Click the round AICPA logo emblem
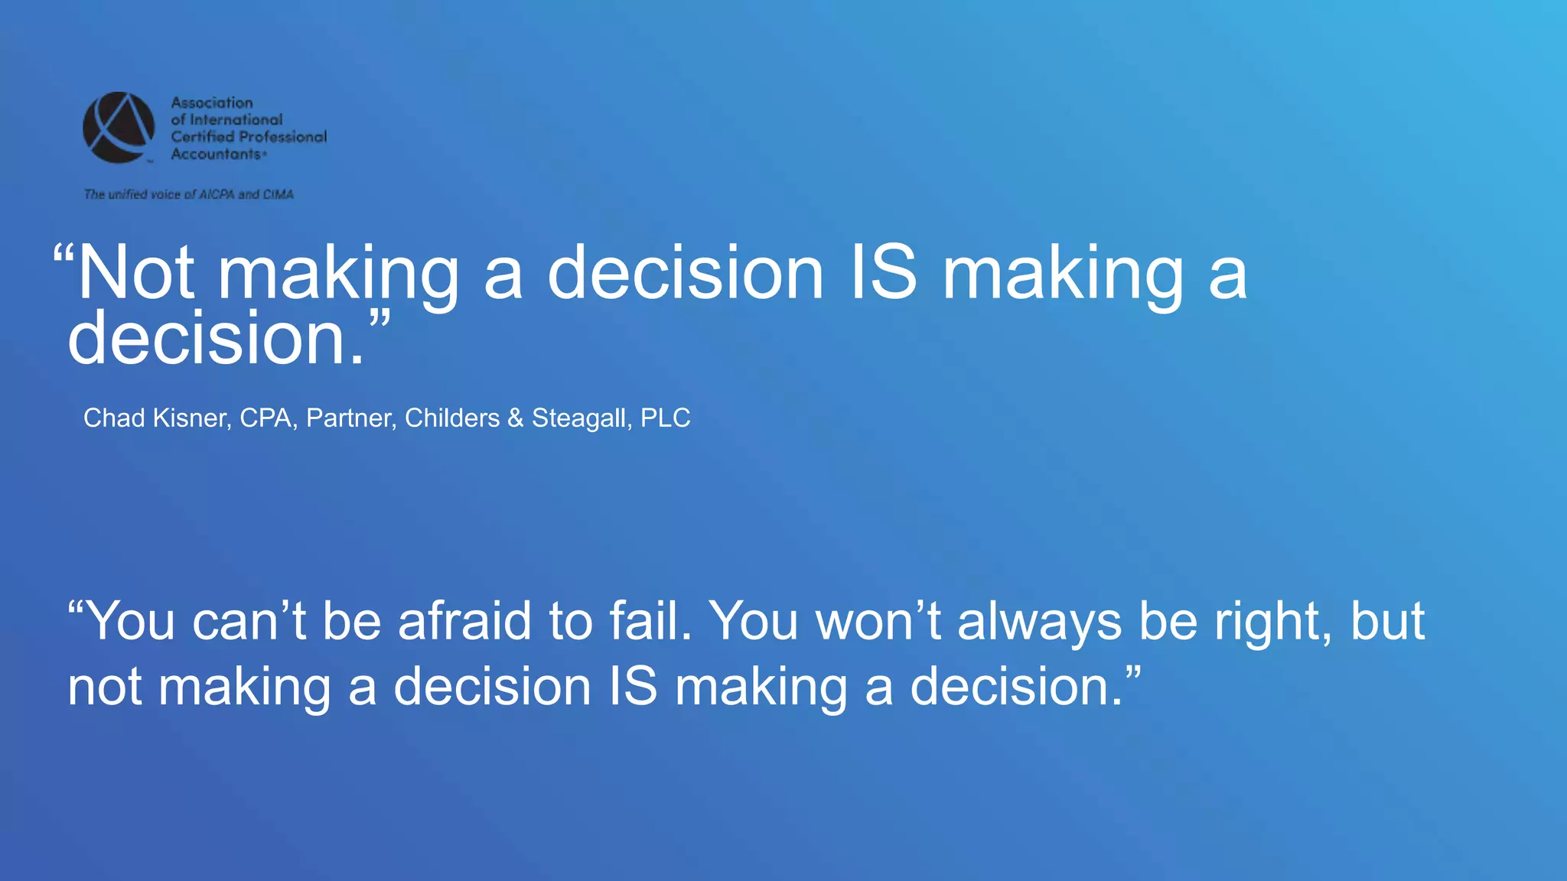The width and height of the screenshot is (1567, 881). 119,128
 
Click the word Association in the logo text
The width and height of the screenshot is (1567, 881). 212,102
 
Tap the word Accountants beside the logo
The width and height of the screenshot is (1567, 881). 216,154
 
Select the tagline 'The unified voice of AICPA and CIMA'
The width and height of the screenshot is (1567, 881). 189,194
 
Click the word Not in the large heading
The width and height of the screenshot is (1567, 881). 136,274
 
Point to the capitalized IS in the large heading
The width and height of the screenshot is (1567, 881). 884,274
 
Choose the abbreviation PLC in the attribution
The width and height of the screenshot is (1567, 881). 665,418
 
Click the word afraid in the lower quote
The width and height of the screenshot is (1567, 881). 464,620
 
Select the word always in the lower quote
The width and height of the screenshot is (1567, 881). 1040,620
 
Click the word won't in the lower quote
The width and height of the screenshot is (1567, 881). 879,620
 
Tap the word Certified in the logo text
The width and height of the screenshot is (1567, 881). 203,137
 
